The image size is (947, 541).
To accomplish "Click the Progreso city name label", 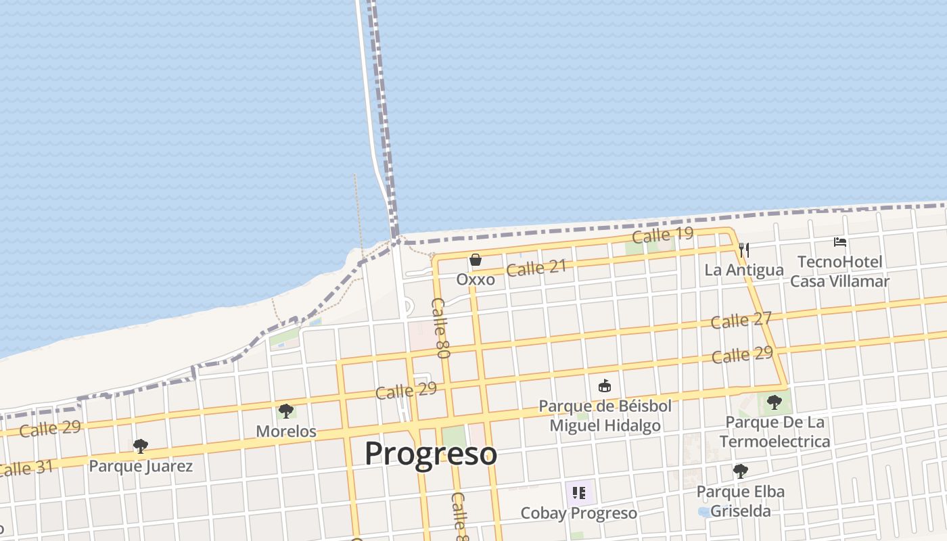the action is pyautogui.click(x=431, y=454).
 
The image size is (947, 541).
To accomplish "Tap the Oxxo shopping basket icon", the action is pyautogui.click(x=476, y=260).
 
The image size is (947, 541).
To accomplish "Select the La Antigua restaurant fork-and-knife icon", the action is pyautogui.click(x=744, y=250).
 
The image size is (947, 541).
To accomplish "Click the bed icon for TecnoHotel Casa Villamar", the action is pyautogui.click(x=840, y=242).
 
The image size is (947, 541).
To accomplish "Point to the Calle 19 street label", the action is pyautogui.click(x=662, y=235).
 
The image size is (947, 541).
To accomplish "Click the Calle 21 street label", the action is pyautogui.click(x=536, y=268).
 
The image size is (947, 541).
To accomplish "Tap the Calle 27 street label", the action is pyautogui.click(x=741, y=320).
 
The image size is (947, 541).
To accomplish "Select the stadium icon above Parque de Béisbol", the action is pyautogui.click(x=605, y=386).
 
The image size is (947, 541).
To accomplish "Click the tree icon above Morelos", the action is pyautogui.click(x=286, y=411).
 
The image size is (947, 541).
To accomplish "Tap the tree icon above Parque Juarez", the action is pyautogui.click(x=140, y=446).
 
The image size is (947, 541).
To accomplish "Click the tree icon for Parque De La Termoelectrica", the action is pyautogui.click(x=775, y=403).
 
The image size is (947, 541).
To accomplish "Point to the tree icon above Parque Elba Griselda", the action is pyautogui.click(x=741, y=471).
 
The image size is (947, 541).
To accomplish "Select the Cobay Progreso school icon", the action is pyautogui.click(x=578, y=493).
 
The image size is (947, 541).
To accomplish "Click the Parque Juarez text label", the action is pyautogui.click(x=141, y=466).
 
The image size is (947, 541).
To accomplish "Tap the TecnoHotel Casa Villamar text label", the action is pyautogui.click(x=839, y=271).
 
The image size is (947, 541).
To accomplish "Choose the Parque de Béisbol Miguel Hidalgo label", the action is pyautogui.click(x=605, y=415).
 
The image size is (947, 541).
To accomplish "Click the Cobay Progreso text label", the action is pyautogui.click(x=578, y=513).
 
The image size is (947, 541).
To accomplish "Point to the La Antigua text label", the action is pyautogui.click(x=744, y=270).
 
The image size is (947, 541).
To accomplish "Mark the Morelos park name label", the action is pyautogui.click(x=286, y=431).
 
